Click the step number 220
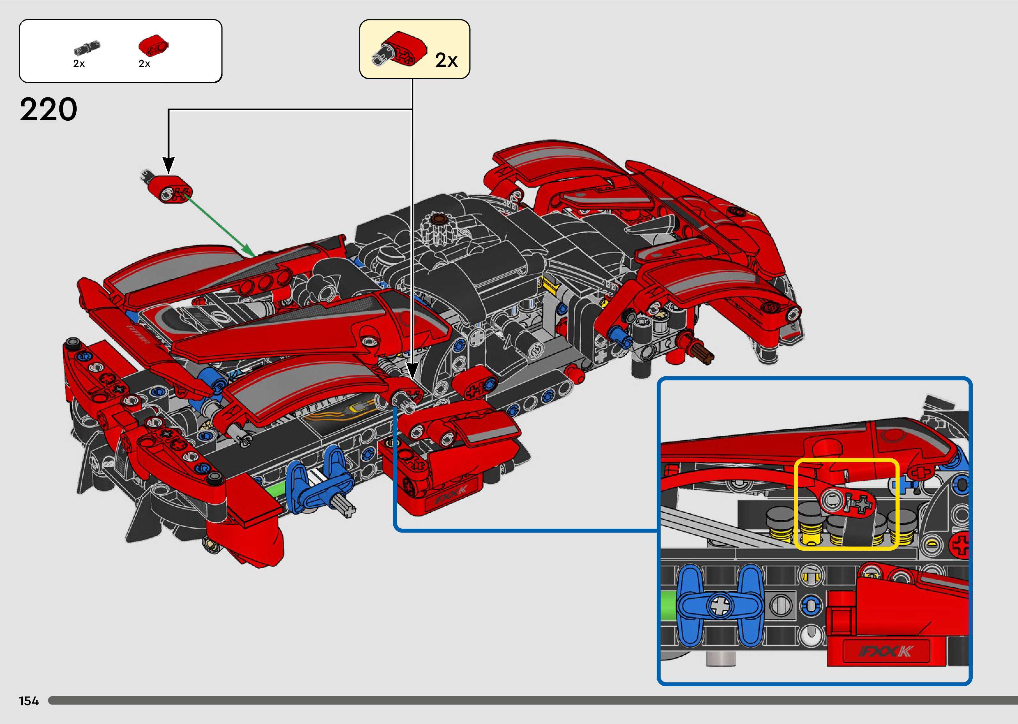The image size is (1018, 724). [48, 110]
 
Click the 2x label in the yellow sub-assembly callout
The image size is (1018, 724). [446, 60]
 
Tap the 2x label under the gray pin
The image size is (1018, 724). [79, 64]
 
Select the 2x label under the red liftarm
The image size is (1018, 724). [144, 64]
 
